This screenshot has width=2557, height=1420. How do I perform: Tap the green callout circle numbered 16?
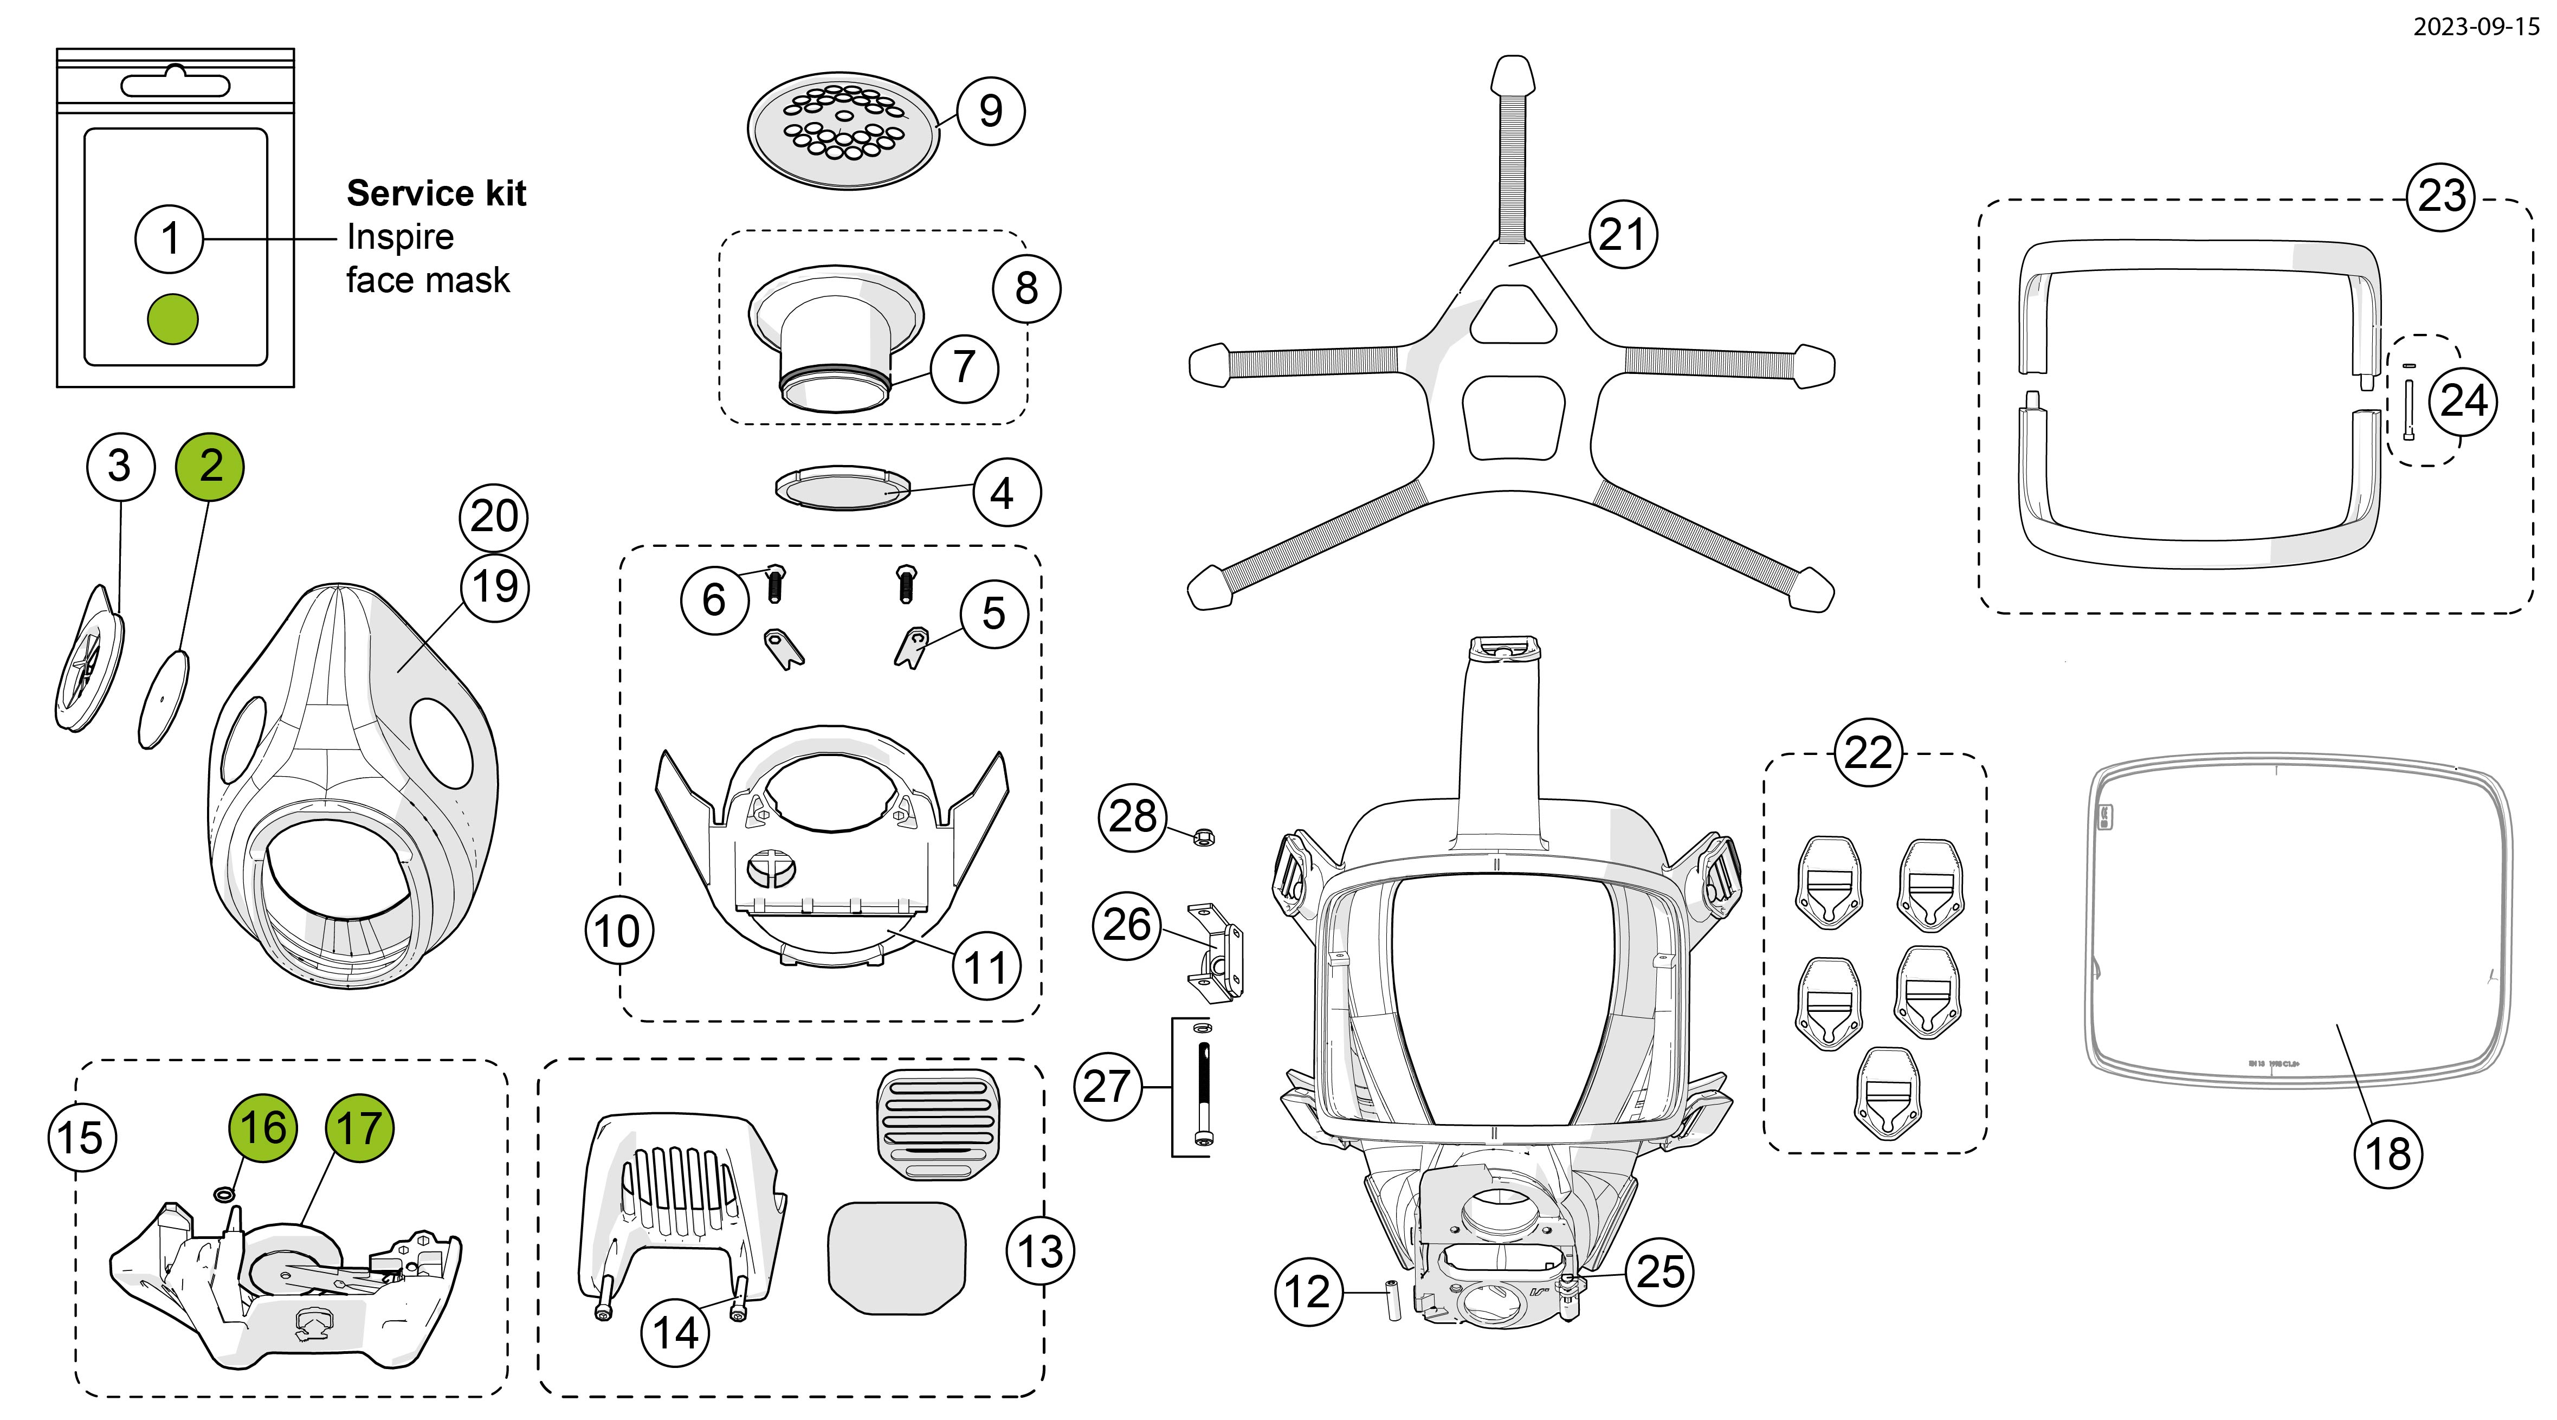(263, 1128)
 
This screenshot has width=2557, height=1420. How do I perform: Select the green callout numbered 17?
(359, 1128)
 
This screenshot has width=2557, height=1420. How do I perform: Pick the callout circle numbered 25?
(1660, 1272)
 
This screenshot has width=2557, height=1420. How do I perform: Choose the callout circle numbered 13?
(1040, 1251)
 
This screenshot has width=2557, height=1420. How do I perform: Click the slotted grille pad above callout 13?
(938, 1124)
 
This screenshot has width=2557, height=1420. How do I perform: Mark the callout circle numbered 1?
(170, 238)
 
